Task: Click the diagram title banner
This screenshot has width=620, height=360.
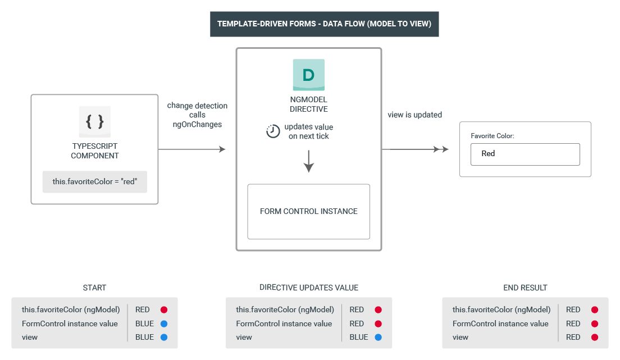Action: pyautogui.click(x=324, y=24)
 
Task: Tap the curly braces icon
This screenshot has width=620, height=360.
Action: pyautogui.click(x=94, y=121)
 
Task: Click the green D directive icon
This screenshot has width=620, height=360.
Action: pyautogui.click(x=308, y=75)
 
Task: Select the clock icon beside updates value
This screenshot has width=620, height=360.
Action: pyautogui.click(x=272, y=131)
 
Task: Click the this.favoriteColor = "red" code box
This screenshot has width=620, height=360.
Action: pyautogui.click(x=95, y=182)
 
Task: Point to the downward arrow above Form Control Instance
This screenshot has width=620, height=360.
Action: pyautogui.click(x=308, y=162)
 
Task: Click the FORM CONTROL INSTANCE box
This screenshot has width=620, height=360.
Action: pyautogui.click(x=308, y=212)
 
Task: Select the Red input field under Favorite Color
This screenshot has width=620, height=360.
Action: pyautogui.click(x=525, y=154)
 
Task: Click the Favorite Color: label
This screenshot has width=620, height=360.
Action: pyautogui.click(x=492, y=136)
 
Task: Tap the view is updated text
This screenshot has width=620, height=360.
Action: pyautogui.click(x=414, y=115)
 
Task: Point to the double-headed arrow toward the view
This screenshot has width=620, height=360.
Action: pyautogui.click(x=418, y=149)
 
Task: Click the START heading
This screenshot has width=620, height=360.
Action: pyautogui.click(x=94, y=288)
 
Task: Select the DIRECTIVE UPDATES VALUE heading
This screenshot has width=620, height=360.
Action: pyautogui.click(x=308, y=288)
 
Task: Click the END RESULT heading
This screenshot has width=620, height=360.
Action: pyautogui.click(x=525, y=288)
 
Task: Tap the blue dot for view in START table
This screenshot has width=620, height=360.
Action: pyautogui.click(x=163, y=338)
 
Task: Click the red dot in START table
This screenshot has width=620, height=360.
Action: pyautogui.click(x=163, y=309)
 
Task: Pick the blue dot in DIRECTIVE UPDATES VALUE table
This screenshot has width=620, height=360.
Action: pyautogui.click(x=378, y=338)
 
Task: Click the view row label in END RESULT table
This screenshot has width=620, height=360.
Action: pyautogui.click(x=461, y=338)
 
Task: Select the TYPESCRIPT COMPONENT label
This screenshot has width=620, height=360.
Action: pyautogui.click(x=94, y=151)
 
